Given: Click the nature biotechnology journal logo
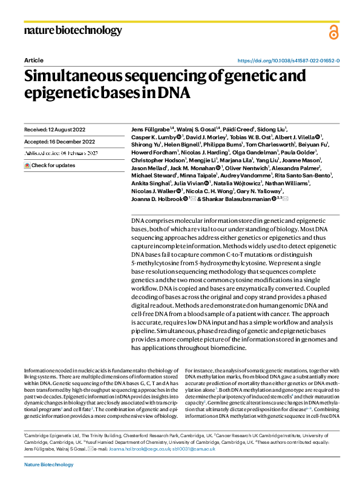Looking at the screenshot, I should (x=73, y=30).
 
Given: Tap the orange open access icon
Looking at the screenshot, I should (x=333, y=33).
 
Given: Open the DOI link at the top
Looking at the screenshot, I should (x=288, y=61).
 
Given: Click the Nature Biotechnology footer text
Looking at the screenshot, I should (x=48, y=464).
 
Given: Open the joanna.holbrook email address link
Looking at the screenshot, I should (x=128, y=449).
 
